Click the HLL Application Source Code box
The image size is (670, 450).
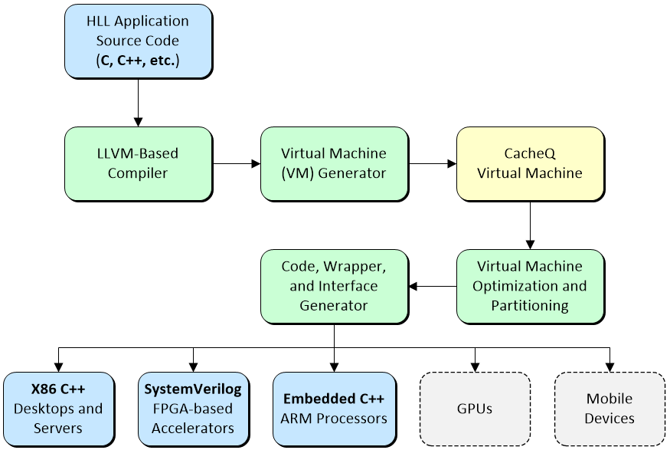point(138,41)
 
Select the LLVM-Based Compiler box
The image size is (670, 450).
point(138,163)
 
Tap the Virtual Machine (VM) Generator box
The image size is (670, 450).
point(334,163)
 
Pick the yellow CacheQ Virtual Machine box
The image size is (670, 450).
point(530,163)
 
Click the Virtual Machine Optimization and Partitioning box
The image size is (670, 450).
point(530,286)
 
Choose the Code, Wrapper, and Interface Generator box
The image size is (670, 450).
point(334,286)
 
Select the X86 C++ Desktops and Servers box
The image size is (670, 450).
point(58,409)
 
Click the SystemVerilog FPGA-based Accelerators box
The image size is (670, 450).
point(193,409)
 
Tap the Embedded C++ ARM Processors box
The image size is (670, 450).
point(334,409)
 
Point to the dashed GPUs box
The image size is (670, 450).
point(476,409)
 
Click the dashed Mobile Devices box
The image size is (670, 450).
point(610,409)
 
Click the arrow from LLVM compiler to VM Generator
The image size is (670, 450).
point(237,163)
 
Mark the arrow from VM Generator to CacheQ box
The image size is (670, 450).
point(432,163)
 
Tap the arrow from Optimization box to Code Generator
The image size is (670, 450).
point(432,287)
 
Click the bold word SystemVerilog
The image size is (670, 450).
point(193,389)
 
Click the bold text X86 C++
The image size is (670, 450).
point(58,389)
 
